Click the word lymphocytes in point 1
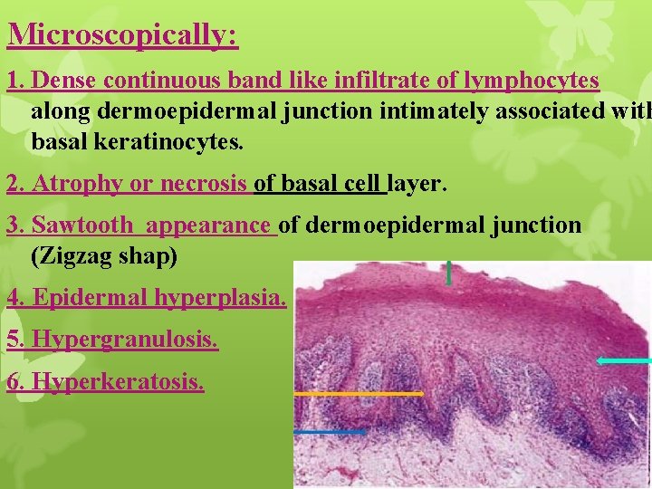click(x=532, y=81)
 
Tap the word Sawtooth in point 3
click(x=82, y=225)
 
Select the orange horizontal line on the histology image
click(x=359, y=394)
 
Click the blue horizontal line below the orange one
click(x=330, y=433)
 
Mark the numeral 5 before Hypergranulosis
click(x=13, y=340)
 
